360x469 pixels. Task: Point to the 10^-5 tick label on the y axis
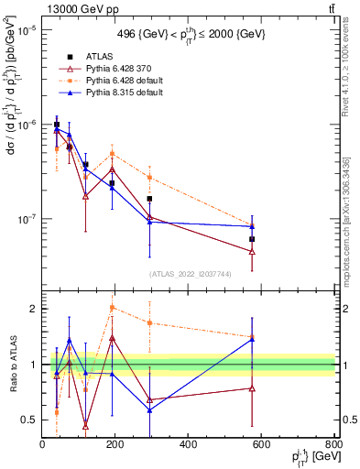tap(25, 29)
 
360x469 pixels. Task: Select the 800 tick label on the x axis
tap(334, 446)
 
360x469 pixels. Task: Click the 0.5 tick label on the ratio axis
tap(29, 420)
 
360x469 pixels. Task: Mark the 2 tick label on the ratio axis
tap(33, 309)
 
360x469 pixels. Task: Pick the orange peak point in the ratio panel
tap(112, 308)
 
